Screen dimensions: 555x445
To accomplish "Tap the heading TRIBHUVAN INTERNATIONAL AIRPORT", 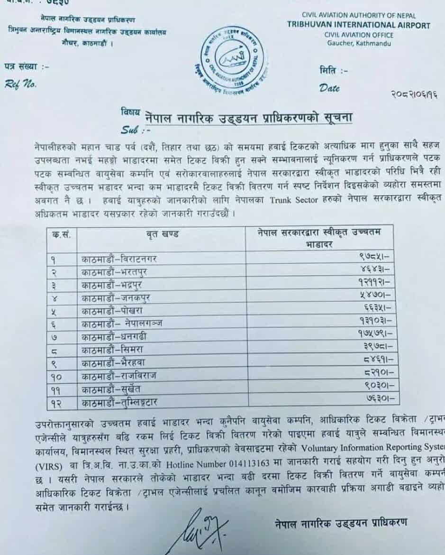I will point(359,26).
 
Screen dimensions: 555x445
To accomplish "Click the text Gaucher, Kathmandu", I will point(359,44).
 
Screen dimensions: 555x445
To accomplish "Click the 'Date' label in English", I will point(329,87).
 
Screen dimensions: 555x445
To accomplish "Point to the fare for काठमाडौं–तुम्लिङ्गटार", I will point(373,399).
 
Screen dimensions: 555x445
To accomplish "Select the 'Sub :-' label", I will point(135,129).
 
